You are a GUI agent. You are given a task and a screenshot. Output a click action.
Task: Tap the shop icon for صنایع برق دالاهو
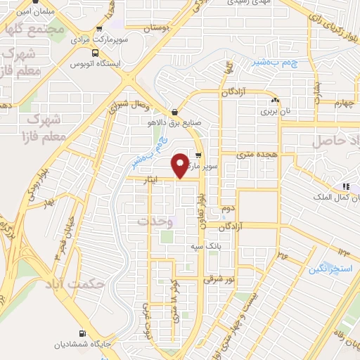pyautogui.click(x=174, y=112)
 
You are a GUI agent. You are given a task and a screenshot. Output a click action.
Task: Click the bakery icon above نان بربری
pyautogui.click(x=276, y=101)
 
